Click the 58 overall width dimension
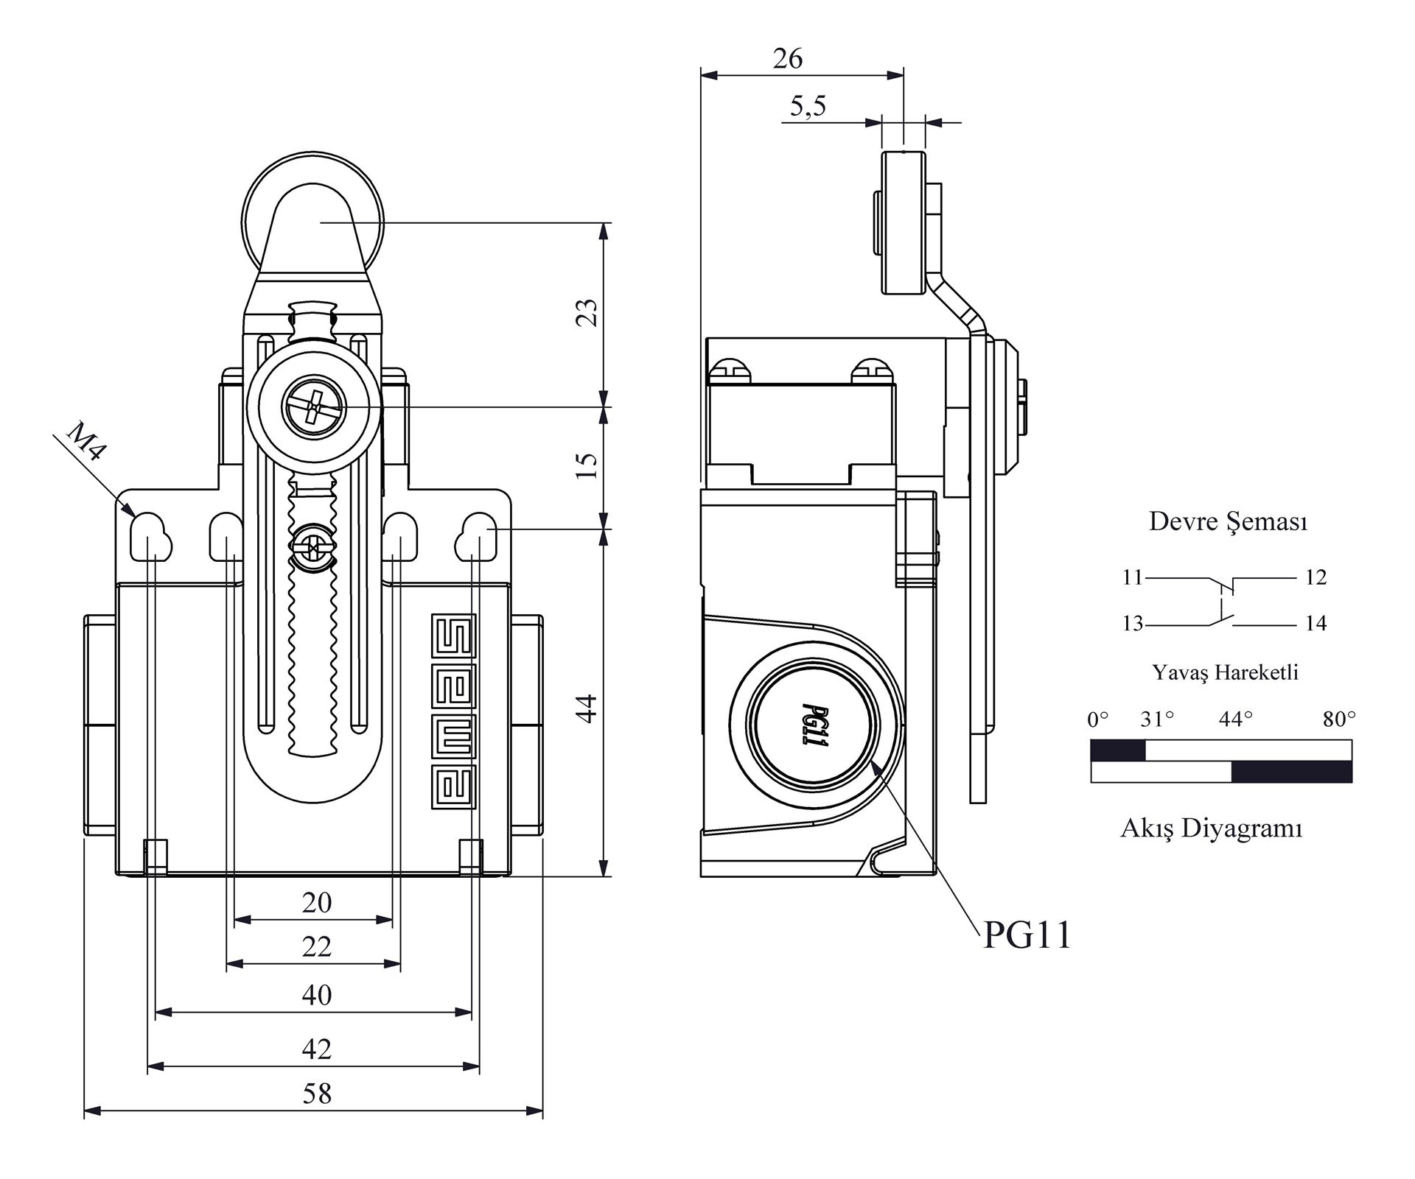[x=317, y=1094]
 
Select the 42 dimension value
[x=317, y=1049]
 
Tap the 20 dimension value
[x=317, y=903]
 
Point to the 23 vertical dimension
[x=587, y=313]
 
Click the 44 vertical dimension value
[x=587, y=708]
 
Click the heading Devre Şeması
[x=1228, y=521]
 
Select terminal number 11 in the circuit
[x=1132, y=577]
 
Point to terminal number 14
[x=1316, y=624]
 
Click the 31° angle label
[x=1157, y=719]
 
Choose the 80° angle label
[x=1338, y=719]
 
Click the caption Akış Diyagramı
[x=1212, y=828]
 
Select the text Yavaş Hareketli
[x=1225, y=672]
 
